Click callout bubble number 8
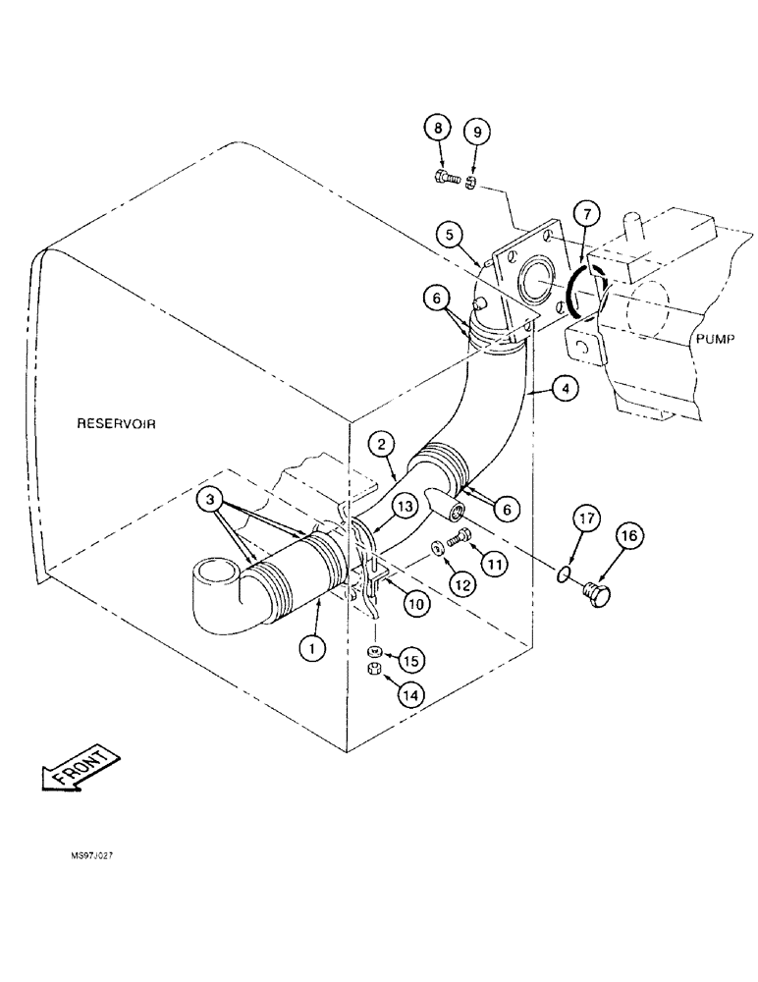[439, 129]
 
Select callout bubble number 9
[477, 131]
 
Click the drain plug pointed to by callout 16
[596, 590]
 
